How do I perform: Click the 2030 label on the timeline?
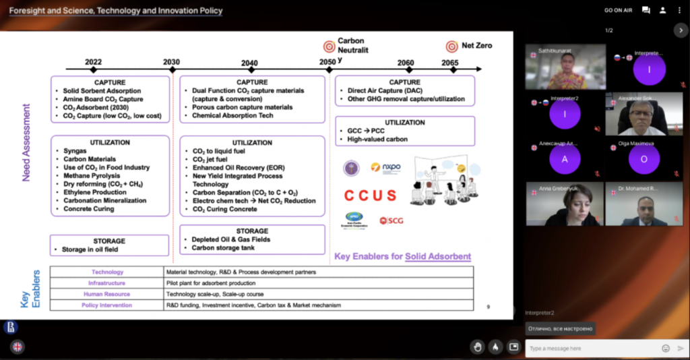pyautogui.click(x=171, y=62)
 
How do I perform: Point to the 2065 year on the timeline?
pyautogui.click(x=450, y=62)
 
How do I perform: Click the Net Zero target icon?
pyautogui.click(x=451, y=46)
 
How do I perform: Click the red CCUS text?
pyautogui.click(x=370, y=196)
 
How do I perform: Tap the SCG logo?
pyautogui.click(x=391, y=220)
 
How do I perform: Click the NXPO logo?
pyautogui.click(x=385, y=167)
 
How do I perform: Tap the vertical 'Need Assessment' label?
pyautogui.click(x=27, y=142)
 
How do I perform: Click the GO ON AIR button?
pyautogui.click(x=618, y=10)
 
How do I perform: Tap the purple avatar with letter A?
pyautogui.click(x=565, y=160)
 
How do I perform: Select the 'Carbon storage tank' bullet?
pyautogui.click(x=223, y=247)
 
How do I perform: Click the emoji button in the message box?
pyautogui.click(x=666, y=349)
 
